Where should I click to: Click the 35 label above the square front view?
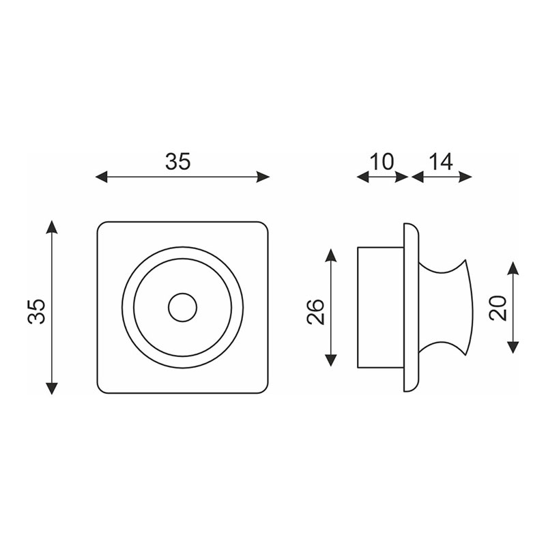pyautogui.click(x=178, y=161)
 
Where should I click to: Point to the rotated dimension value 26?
pyautogui.click(x=315, y=311)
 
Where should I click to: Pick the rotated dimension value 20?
pyautogui.click(x=498, y=308)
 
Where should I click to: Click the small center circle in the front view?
pyautogui.click(x=182, y=308)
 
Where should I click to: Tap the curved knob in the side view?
pyautogui.click(x=445, y=307)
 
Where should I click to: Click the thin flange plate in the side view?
pyautogui.click(x=411, y=307)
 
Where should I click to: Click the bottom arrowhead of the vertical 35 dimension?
pyautogui.click(x=52, y=388)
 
